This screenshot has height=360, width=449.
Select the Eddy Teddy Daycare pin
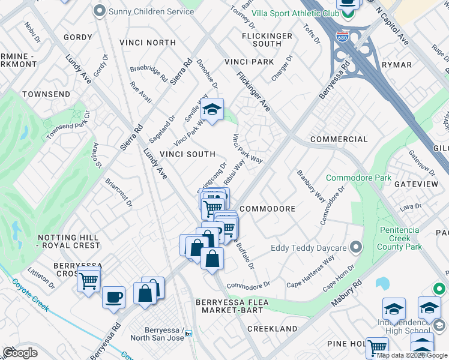pos(356,247)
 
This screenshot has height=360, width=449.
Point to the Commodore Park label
pos(358,178)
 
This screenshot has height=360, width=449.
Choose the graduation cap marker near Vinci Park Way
pos(212,109)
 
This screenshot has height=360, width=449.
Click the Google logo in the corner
pos(20,352)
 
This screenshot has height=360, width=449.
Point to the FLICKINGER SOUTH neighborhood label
pos(267,40)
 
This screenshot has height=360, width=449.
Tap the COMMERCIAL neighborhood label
pos(339,139)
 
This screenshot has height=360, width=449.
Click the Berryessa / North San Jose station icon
pos(188,334)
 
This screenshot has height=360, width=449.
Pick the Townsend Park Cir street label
pos(68,124)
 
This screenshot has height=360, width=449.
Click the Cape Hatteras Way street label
pos(310,271)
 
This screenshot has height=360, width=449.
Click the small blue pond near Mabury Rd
pos(382,283)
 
